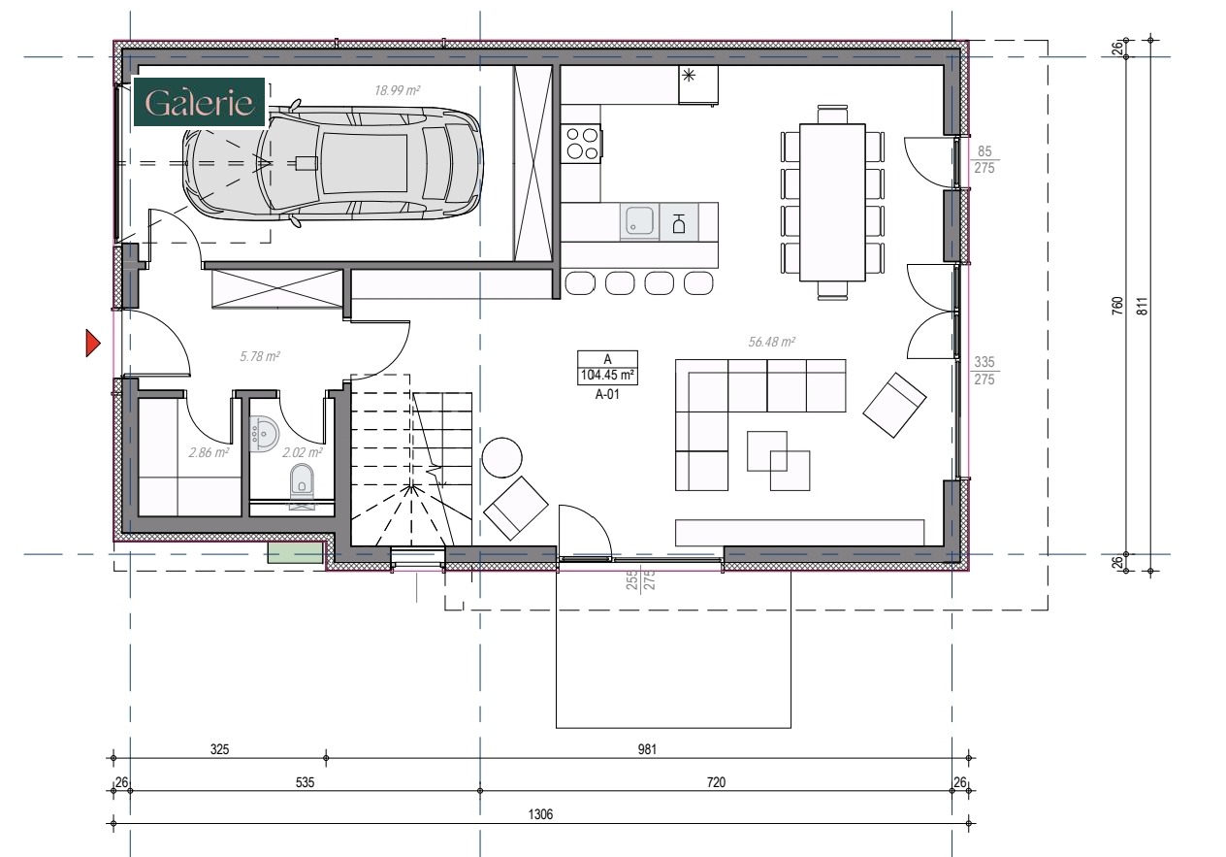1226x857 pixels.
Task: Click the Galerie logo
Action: pos(198,102)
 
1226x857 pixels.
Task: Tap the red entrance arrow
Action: pos(93,344)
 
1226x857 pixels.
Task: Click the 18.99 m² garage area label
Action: pos(398,89)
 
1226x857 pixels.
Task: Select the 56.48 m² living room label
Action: pos(772,342)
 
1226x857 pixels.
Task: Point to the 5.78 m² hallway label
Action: pos(259,357)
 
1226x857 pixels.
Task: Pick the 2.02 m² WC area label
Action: pos(302,452)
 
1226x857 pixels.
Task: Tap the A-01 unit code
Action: pos(607,394)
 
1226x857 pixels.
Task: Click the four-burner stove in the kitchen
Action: pos(581,144)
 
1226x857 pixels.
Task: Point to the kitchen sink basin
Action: pos(638,220)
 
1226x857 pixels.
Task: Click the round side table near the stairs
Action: pos(502,457)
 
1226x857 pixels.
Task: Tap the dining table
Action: pos(832,201)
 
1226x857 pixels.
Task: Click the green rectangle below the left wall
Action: pos(295,552)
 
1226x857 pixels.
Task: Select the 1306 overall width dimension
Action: pos(540,815)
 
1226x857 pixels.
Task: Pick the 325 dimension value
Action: pos(219,749)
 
